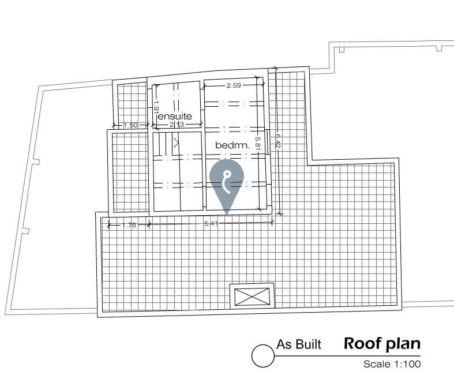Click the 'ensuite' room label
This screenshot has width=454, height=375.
175,117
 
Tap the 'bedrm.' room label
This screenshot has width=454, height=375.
232,145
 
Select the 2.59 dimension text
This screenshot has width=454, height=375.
234,85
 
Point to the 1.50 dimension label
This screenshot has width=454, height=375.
130,125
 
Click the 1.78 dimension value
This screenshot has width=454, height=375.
129,225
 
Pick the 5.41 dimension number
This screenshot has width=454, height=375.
211,223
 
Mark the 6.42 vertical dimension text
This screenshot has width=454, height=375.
278,140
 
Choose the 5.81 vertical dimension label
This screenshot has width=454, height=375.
258,143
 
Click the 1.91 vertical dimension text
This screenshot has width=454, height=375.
156,106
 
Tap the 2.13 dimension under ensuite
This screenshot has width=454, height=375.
177,125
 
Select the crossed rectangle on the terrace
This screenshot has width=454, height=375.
252,297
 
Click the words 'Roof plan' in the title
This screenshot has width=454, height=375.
382,344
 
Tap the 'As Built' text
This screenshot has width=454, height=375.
299,344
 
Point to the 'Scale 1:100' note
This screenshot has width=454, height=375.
392,364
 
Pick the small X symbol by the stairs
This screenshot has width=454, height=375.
176,142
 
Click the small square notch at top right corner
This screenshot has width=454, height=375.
439,48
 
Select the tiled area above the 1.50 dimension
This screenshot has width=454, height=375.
133,103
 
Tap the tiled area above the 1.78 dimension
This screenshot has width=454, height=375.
130,172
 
